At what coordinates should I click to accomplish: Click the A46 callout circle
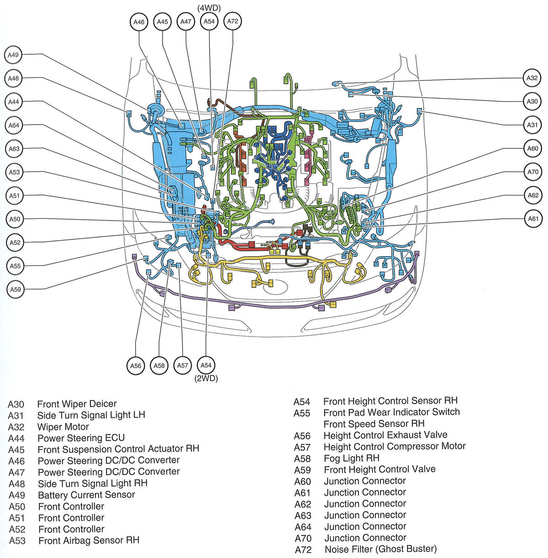click(139, 22)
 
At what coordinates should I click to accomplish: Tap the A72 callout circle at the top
click(232, 21)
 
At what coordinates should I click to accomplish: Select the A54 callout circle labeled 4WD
click(209, 21)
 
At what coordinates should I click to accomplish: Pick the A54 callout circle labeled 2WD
click(206, 365)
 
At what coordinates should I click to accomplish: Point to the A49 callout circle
click(14, 55)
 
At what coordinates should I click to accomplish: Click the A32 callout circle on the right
click(532, 78)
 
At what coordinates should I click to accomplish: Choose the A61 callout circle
click(533, 219)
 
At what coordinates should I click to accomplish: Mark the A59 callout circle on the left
click(16, 290)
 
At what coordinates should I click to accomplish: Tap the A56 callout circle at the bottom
click(136, 366)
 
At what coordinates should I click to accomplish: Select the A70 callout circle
click(533, 172)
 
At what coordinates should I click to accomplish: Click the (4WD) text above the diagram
click(209, 8)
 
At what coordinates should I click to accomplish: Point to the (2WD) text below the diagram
click(206, 379)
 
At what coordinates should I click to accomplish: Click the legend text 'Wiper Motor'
click(63, 427)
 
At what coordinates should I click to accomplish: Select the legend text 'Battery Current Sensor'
click(86, 495)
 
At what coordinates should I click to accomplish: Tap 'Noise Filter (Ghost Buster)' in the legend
click(380, 549)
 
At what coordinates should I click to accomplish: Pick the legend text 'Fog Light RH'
click(351, 458)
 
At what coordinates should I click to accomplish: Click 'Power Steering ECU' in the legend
click(81, 438)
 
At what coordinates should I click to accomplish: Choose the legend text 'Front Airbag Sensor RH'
click(89, 541)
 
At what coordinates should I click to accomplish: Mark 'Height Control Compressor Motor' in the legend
click(395, 446)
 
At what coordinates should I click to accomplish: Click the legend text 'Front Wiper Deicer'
click(77, 404)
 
